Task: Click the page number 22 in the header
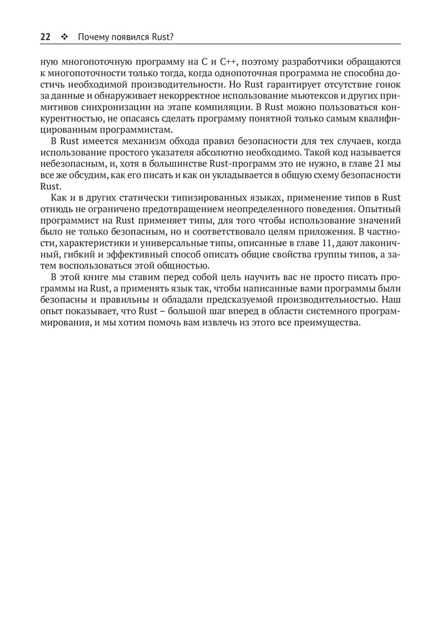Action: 45,36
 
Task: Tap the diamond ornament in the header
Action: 65,36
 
